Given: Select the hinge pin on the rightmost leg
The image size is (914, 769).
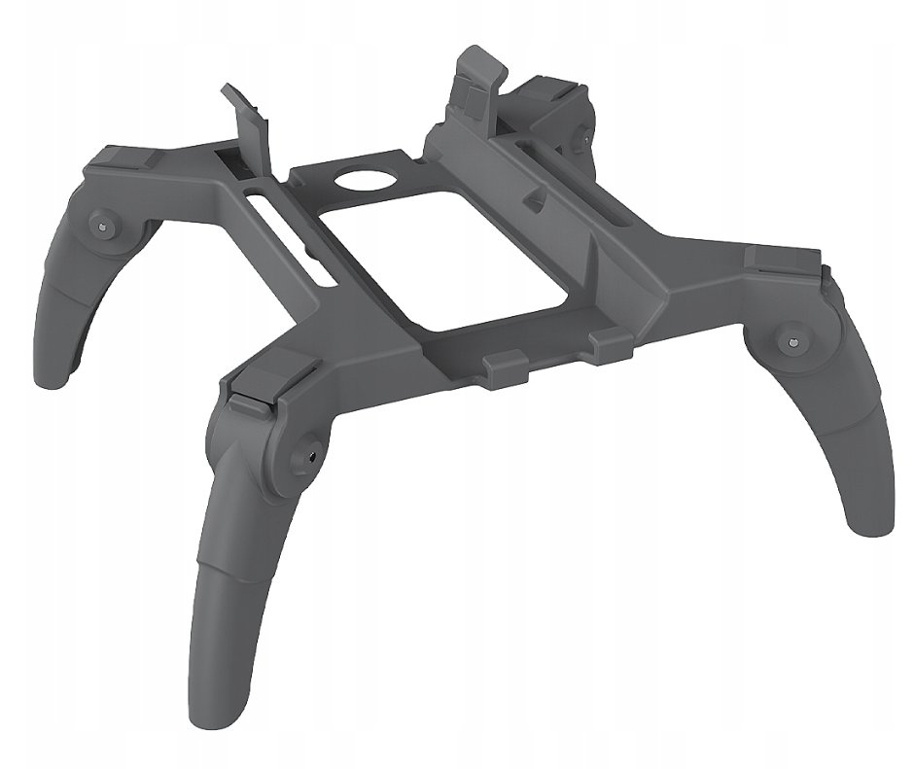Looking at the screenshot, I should (792, 342).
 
